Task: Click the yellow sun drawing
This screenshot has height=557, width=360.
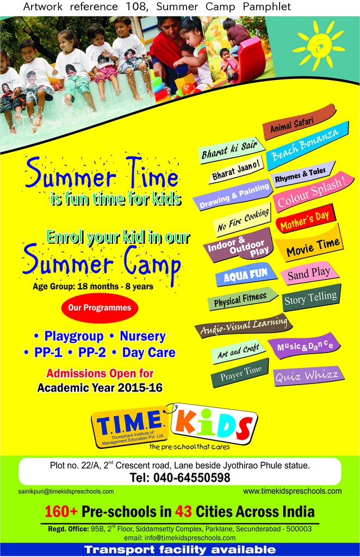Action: point(319,45)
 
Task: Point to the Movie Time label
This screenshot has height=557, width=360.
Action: point(309,244)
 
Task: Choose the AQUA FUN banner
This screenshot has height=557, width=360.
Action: point(246,275)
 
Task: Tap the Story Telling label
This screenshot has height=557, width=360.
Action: point(312,298)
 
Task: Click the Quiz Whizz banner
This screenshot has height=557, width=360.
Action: point(308,376)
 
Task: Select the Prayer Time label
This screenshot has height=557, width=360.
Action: point(240,374)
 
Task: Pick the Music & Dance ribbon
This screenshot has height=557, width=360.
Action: point(305,346)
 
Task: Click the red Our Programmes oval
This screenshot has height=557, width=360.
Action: point(100,308)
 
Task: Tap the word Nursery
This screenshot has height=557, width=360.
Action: point(142,336)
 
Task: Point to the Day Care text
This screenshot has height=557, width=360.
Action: point(149,352)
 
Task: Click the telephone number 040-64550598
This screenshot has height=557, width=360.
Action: point(191,478)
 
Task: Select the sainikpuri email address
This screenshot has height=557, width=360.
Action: point(66,492)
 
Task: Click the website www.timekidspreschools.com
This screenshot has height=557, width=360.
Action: point(292,491)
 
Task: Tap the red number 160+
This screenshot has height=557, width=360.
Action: point(61,511)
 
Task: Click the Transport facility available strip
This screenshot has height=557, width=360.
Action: point(180,550)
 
